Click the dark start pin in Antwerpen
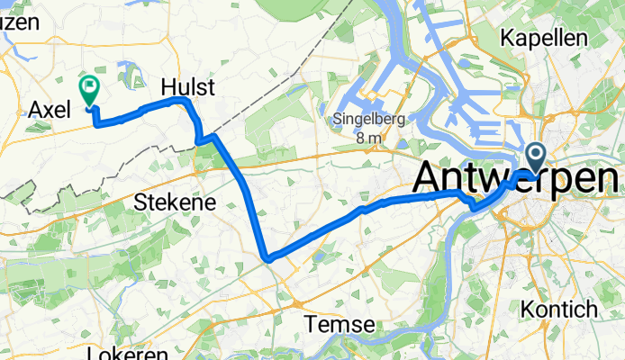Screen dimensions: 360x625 pyautogui.click(x=536, y=158)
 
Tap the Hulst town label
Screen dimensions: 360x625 pyautogui.click(x=187, y=87)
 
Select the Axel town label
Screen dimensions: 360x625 pyautogui.click(x=49, y=110)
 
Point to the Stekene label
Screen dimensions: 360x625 pyautogui.click(x=175, y=202)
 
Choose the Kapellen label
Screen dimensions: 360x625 pyautogui.click(x=545, y=38)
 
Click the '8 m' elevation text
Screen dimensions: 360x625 pyautogui.click(x=369, y=138)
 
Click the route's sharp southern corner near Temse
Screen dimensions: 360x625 pyautogui.click(x=268, y=259)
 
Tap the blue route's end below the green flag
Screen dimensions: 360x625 pyautogui.click(x=90, y=111)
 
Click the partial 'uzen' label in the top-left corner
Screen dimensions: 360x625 pyautogui.click(x=20, y=23)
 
